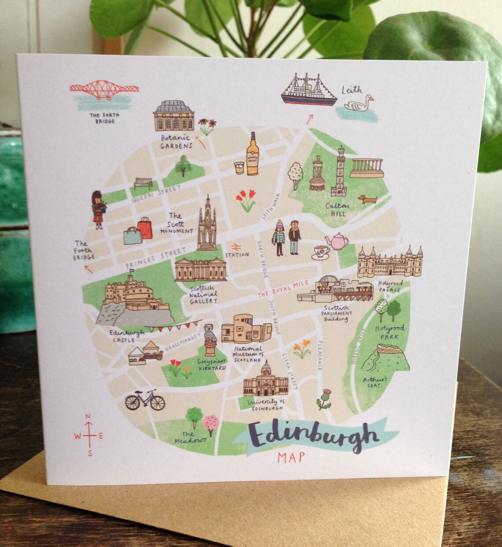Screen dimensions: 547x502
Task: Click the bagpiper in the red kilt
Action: pos(97,209)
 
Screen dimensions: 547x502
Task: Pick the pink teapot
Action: pos(338,241)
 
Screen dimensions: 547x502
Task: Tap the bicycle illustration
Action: pos(144,400)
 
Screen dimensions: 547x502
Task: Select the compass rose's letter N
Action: pos(88,417)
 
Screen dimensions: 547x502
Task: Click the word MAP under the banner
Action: pos(291,457)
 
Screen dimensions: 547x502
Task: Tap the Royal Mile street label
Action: pos(281,286)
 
